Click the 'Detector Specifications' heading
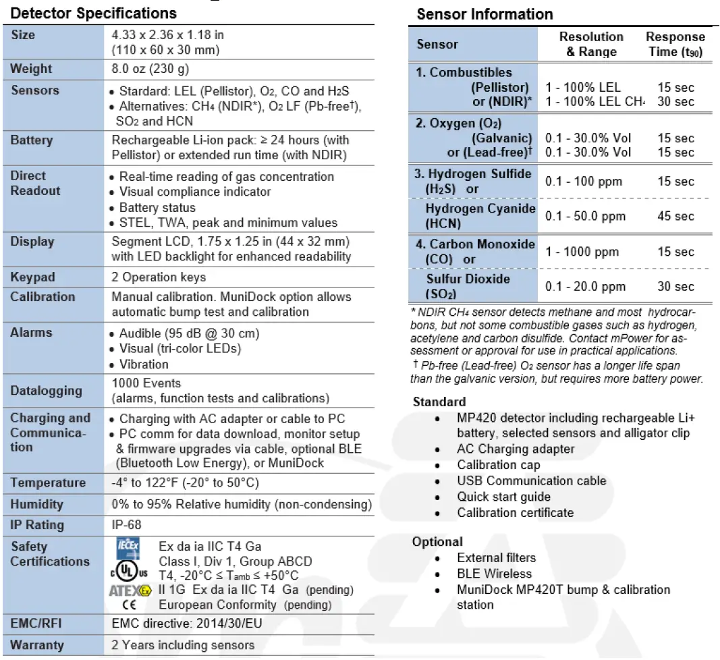pos(94,13)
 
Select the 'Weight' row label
pos(31,69)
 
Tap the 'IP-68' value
pos(126,525)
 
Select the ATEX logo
pos(131,590)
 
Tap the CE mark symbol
pos(128,605)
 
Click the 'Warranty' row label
pos(37,644)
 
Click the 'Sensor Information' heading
pos(484,14)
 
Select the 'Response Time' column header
pos(675,44)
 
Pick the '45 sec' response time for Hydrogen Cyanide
pos(675,216)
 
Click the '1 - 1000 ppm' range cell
pos(582,252)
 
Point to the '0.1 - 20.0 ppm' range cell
pos(585,287)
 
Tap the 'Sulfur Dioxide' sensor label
pos(468,279)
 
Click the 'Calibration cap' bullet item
pos(498,465)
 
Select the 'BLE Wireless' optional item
pos(494,574)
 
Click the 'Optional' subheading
pos(437,542)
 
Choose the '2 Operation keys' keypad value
pos(159,277)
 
